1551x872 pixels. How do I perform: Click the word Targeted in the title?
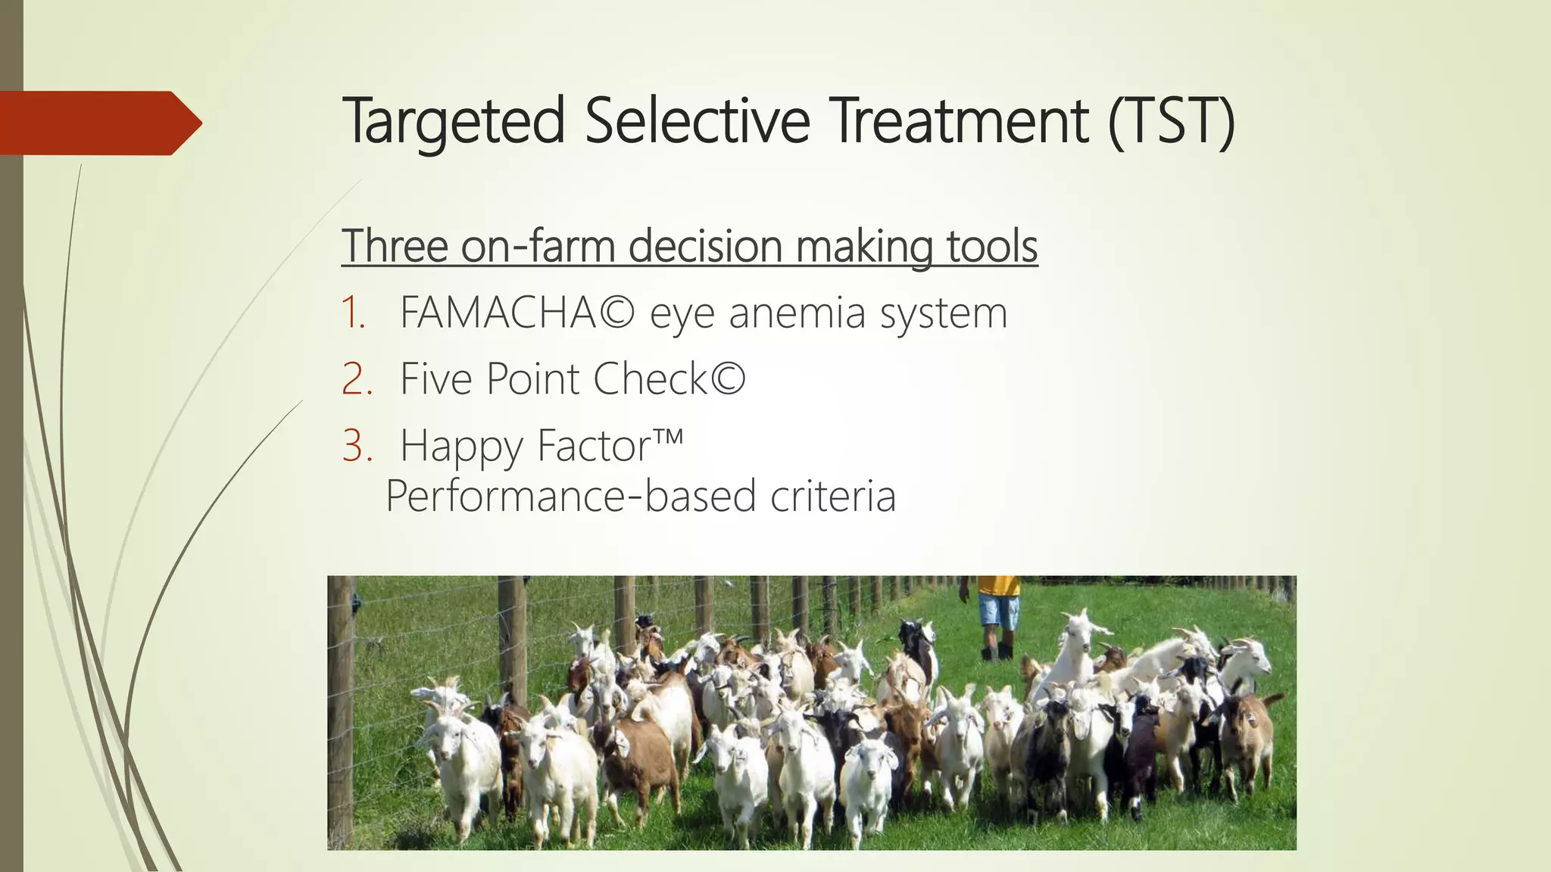[453, 121]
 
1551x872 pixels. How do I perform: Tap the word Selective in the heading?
[697, 121]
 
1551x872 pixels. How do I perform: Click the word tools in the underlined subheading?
[991, 246]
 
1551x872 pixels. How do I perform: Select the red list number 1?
[353, 313]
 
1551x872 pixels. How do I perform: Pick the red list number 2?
[356, 378]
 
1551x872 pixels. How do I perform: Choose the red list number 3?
[356, 445]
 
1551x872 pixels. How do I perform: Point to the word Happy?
[462, 447]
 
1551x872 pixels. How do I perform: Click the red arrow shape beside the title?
[98, 123]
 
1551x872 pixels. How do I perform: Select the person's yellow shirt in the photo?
[998, 585]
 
